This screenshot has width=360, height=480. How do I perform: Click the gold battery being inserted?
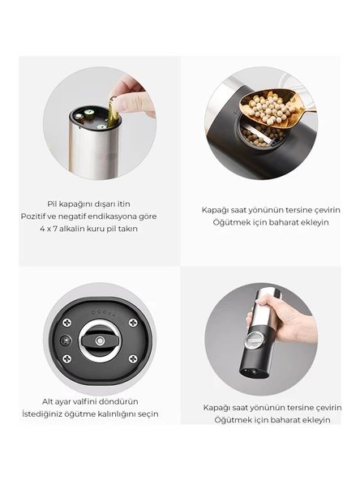[113, 112]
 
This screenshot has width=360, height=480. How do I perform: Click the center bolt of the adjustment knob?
[99, 341]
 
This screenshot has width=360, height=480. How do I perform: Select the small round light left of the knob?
[65, 341]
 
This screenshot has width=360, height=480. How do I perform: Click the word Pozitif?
[32, 216]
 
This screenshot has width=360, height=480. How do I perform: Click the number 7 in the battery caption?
[55, 229]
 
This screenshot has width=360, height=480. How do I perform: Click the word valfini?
[83, 401]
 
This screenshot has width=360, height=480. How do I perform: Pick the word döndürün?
[117, 401]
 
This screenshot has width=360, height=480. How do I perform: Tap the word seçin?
[148, 414]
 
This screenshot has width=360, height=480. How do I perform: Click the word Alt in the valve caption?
[48, 401]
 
